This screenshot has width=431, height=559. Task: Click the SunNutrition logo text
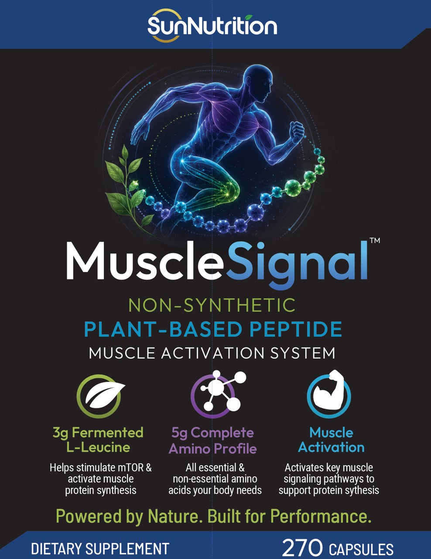[212, 26]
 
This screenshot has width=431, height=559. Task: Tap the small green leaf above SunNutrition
[249, 17]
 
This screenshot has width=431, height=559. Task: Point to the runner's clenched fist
[297, 132]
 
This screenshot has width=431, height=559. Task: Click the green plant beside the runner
[126, 185]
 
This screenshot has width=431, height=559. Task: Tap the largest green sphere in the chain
[293, 186]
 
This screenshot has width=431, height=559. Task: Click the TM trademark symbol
[375, 241]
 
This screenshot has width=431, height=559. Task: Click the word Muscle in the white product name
[144, 261]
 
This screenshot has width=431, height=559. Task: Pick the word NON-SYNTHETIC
[212, 305]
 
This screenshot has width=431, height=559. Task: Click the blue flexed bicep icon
[329, 394]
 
